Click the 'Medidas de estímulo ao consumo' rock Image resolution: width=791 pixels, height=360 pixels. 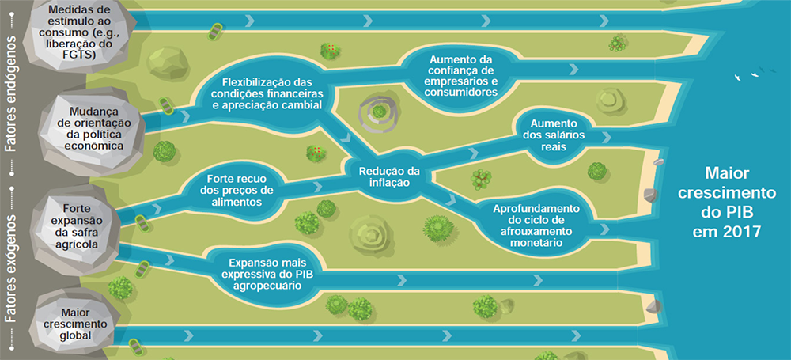(x=80, y=32)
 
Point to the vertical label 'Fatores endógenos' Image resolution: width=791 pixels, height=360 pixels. (x=10, y=93)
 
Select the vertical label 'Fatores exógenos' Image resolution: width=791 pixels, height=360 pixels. (x=10, y=267)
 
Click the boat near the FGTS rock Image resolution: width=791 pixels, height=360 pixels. (x=214, y=32)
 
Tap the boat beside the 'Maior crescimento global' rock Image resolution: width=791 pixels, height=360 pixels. (x=136, y=347)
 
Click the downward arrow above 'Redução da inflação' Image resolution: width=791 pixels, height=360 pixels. (x=346, y=138)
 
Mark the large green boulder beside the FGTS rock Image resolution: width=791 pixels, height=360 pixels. (x=168, y=63)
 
